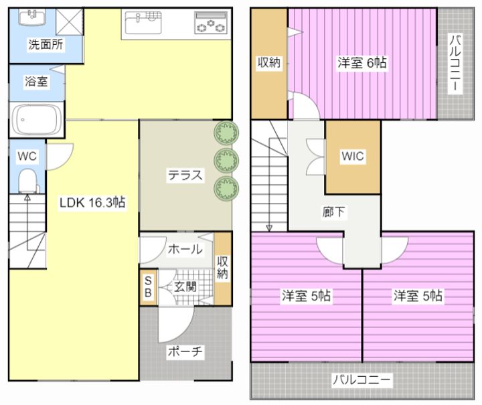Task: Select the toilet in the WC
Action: click(x=27, y=179)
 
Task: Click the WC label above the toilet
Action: click(x=27, y=156)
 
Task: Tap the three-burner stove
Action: click(x=210, y=24)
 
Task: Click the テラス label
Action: click(x=185, y=177)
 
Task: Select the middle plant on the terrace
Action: click(x=226, y=159)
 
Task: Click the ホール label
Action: click(x=185, y=250)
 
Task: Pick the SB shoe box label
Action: click(x=148, y=287)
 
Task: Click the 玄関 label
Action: click(x=185, y=288)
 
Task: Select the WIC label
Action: click(x=352, y=156)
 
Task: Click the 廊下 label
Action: click(x=334, y=213)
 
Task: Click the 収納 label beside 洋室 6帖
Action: click(x=269, y=63)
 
